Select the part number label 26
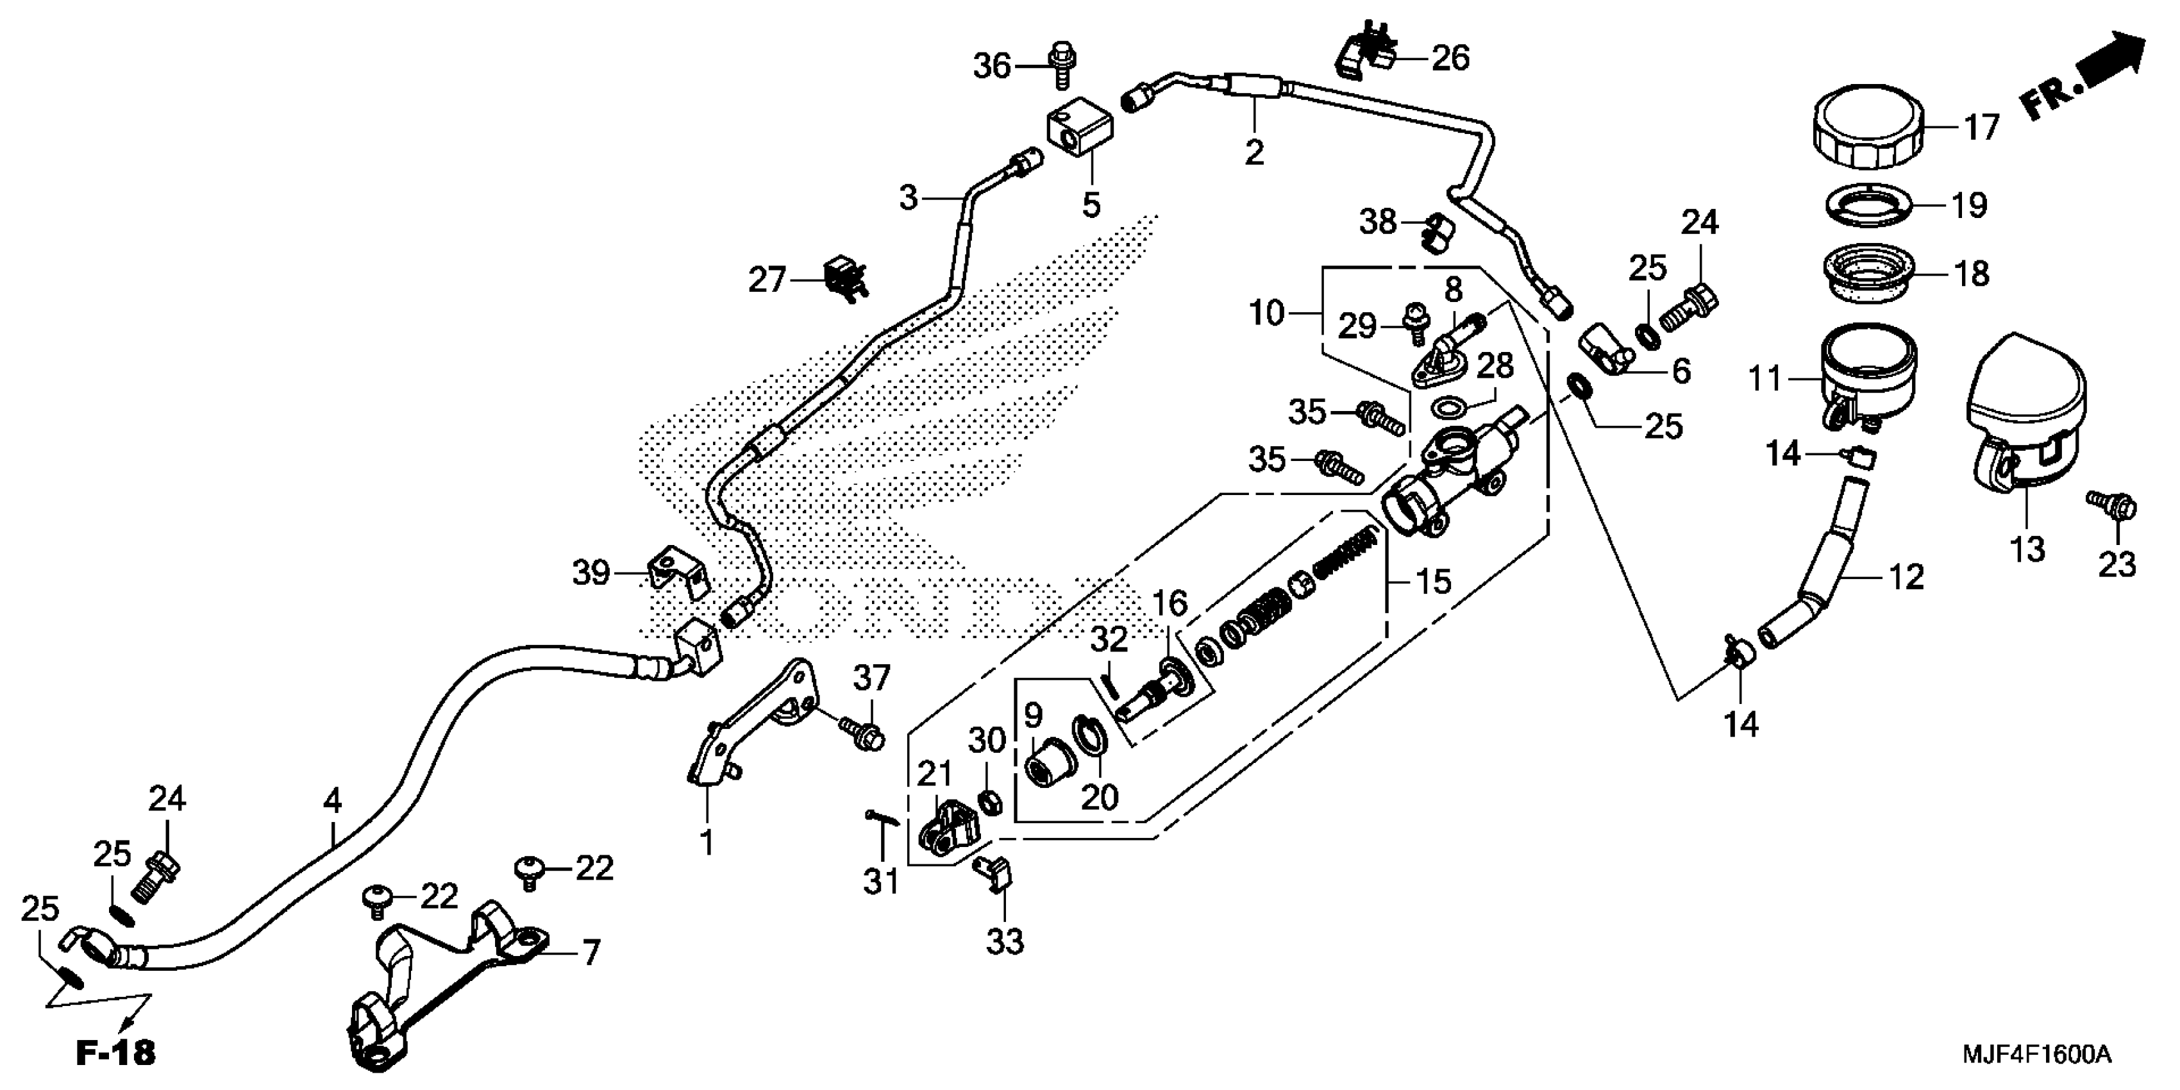point(1450,58)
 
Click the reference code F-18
point(116,1053)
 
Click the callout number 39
point(591,573)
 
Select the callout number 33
point(1005,941)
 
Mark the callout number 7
point(590,953)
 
